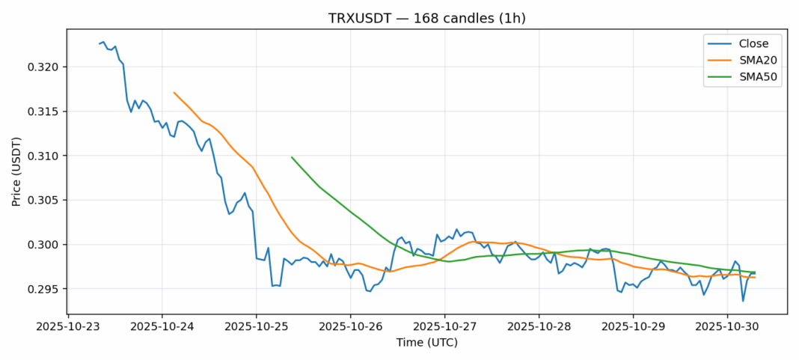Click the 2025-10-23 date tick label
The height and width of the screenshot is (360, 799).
[68, 326]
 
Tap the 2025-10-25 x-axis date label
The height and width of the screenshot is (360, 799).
[257, 326]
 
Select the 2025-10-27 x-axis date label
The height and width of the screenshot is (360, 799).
[444, 326]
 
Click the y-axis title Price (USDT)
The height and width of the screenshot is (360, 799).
[16, 171]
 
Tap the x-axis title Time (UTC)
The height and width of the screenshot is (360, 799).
[426, 343]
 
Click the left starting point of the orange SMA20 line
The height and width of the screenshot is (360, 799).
[174, 93]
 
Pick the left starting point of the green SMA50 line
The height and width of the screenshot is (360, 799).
[292, 157]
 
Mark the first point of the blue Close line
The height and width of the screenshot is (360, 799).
[100, 43]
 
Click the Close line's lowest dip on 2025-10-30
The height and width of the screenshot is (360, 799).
[743, 301]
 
